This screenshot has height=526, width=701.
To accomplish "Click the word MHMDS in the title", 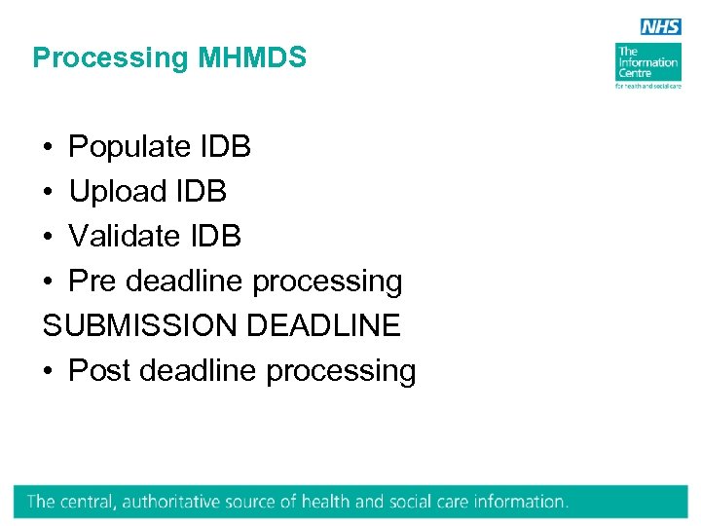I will point(252,58).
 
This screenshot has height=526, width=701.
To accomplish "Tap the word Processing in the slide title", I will point(111,58).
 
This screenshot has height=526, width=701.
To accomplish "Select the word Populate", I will point(129,147).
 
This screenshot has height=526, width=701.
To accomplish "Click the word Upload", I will point(118,192).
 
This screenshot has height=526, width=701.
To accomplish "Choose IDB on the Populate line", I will point(225,147).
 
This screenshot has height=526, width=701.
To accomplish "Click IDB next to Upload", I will point(201,192).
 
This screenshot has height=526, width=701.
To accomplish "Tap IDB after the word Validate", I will point(215,236).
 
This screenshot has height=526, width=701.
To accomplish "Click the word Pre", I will point(92,282).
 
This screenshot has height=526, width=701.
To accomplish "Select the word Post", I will point(99,371).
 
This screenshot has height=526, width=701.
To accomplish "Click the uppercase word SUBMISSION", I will point(140,325).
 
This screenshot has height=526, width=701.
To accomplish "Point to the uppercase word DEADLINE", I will point(323,325).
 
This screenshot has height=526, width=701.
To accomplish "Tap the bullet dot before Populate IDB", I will point(48,148).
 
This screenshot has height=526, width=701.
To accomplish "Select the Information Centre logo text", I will point(646,62).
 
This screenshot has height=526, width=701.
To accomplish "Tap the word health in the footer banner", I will point(327,502).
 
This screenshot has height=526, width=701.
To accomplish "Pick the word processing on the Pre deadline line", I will point(327,282).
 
